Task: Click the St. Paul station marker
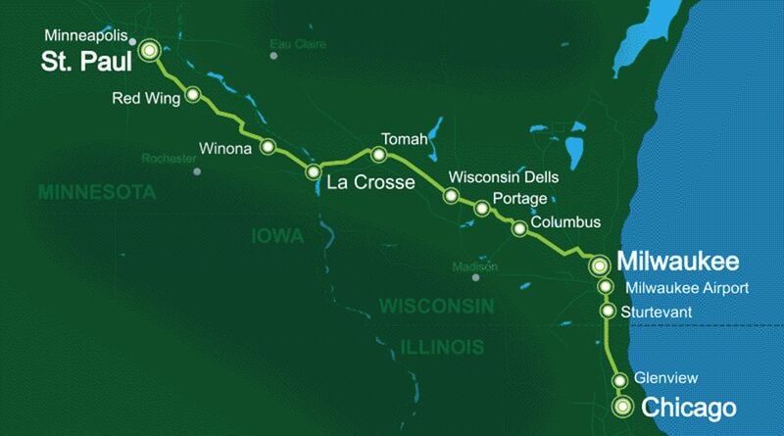tap(150, 50)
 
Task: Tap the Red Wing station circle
tap(193, 95)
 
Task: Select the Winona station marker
tap(267, 148)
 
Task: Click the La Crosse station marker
tap(314, 172)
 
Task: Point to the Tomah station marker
tap(377, 154)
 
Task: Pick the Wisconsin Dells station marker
tap(451, 196)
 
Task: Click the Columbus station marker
tap(519, 228)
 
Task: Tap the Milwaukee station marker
tap(599, 265)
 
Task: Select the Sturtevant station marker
tap(608, 312)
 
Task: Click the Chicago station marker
tap(621, 407)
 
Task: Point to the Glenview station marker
tap(619, 381)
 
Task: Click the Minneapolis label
tap(85, 36)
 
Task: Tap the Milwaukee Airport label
tap(686, 288)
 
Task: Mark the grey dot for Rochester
tap(198, 170)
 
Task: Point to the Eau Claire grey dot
tap(273, 56)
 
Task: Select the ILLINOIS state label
tap(442, 347)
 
